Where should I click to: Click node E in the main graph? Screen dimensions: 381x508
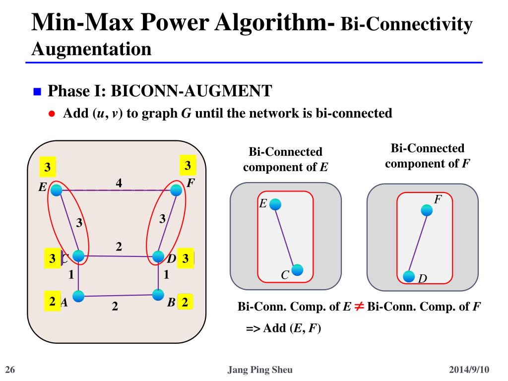point(57,190)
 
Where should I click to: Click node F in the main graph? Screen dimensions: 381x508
point(176,190)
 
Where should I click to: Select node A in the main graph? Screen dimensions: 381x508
point(78,296)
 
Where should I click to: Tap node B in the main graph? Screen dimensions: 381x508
point(158,295)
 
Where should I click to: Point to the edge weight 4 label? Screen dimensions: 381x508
point(119,183)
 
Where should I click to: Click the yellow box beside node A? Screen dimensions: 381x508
point(52,301)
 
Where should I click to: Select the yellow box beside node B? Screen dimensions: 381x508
point(185,302)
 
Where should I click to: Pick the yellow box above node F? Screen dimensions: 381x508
point(188,166)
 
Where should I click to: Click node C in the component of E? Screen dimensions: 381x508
point(297,270)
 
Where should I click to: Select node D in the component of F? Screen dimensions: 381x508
point(409,277)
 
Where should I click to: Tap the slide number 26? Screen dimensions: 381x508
point(10,370)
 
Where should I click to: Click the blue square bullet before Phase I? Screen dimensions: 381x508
point(37,92)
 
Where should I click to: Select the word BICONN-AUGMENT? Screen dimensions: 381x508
point(191,91)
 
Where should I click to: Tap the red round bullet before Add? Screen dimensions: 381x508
point(52,114)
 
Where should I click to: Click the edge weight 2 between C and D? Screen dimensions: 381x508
point(119,247)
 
